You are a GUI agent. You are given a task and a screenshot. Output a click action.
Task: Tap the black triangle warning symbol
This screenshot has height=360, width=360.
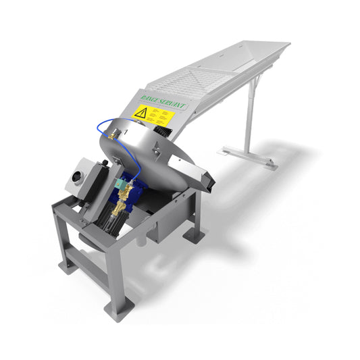[x=141, y=113]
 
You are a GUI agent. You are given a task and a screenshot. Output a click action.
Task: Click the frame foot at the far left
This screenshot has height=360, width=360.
[x=68, y=265]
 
